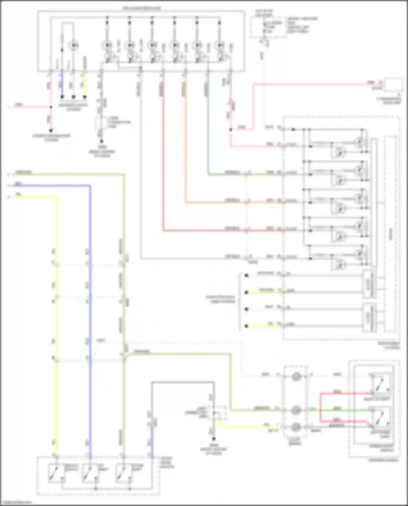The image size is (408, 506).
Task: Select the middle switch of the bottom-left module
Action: pyautogui.click(x=90, y=473)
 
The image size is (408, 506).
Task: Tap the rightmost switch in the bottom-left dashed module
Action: pyautogui.click(x=124, y=473)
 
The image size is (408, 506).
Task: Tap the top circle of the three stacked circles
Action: pyautogui.click(x=296, y=377)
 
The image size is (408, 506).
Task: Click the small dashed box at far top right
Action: pyautogui.click(x=393, y=84)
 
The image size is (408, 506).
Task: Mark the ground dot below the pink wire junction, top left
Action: pyautogui.click(x=51, y=131)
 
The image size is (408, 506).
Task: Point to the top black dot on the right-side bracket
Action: pyautogui.click(x=246, y=275)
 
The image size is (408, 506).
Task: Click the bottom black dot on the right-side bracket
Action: pyautogui.click(x=246, y=326)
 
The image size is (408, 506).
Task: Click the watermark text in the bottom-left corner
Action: pyautogui.click(x=16, y=503)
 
